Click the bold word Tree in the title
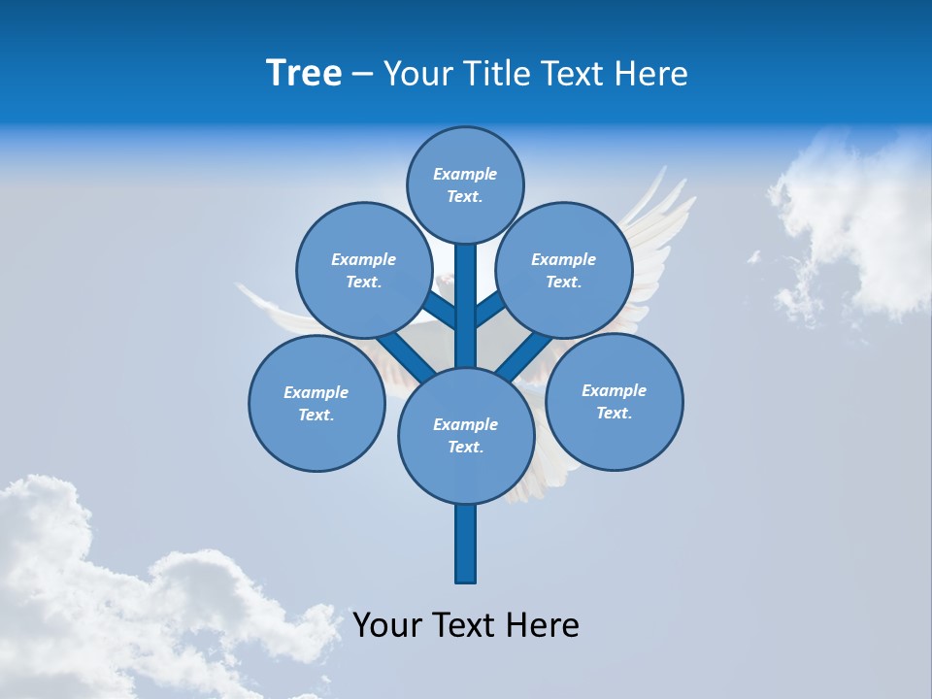[304, 74]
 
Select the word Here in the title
[653, 74]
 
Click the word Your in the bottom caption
[387, 626]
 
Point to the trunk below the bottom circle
[466, 544]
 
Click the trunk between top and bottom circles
[466, 311]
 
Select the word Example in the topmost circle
[465, 175]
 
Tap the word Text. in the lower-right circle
[614, 414]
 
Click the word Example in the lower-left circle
[316, 393]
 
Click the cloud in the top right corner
[854, 223]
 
